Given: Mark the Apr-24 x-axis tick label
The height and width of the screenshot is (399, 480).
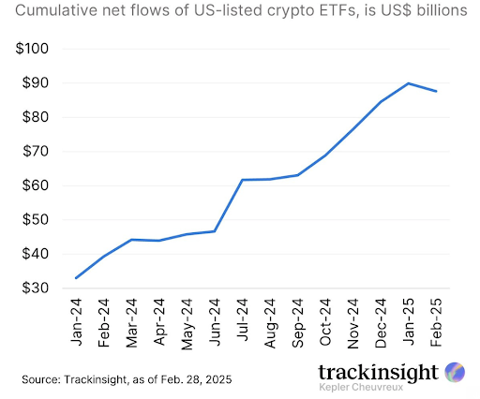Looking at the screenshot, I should (160, 322).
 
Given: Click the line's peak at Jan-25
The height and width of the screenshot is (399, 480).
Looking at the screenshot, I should (408, 83).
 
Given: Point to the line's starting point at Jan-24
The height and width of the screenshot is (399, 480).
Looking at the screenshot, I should (76, 278).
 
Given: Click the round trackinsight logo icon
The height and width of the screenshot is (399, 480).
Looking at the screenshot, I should (454, 372).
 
